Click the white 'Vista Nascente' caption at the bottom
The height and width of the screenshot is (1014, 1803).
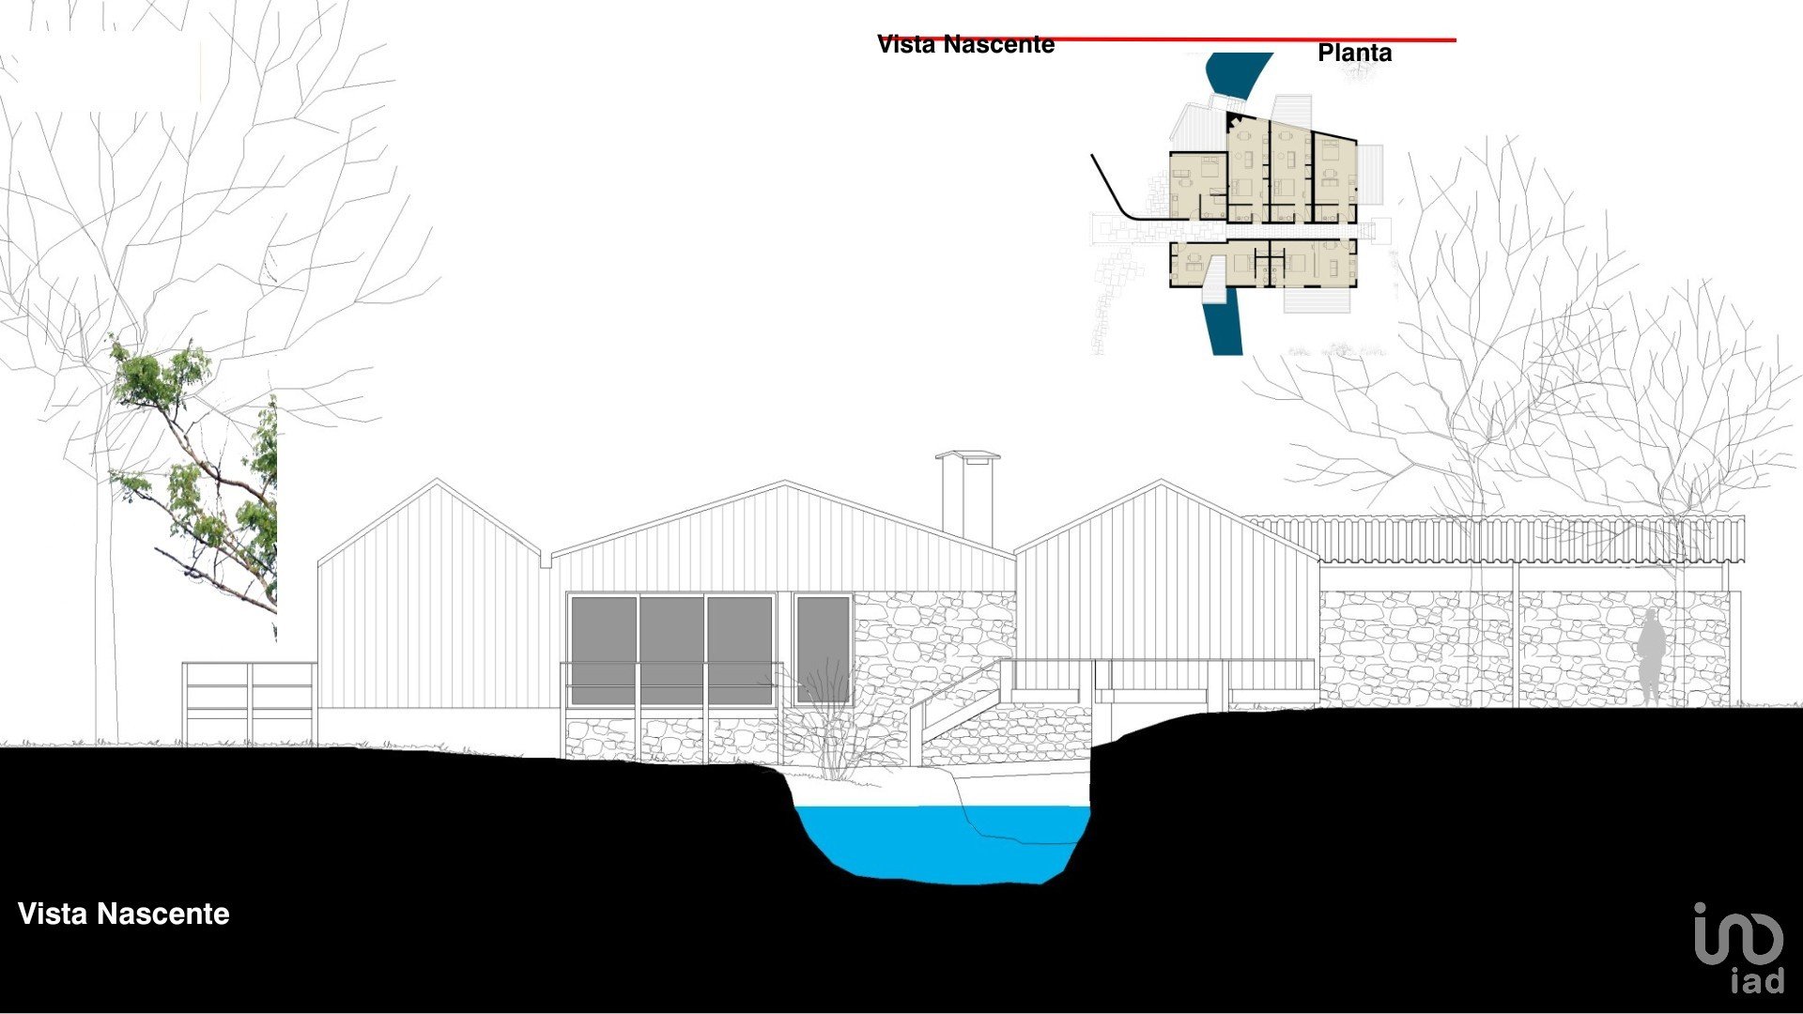[123, 914]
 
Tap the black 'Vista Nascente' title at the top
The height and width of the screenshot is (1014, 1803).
[965, 44]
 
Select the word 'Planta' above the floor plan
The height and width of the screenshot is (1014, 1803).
[1354, 53]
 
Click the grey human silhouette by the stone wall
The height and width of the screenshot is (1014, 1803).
[1652, 657]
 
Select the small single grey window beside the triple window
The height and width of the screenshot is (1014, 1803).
[823, 649]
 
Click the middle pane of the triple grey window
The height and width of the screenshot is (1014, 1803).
[671, 649]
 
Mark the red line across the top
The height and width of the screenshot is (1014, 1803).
[1258, 40]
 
